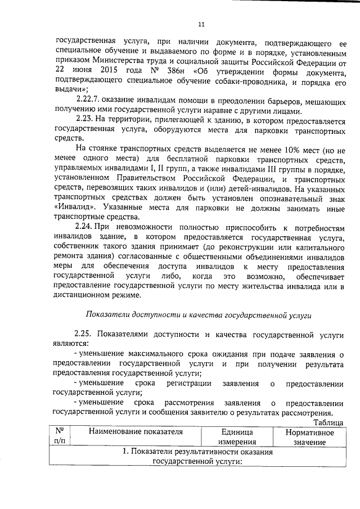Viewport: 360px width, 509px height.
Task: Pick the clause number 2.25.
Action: pyautogui.click(x=84, y=335)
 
